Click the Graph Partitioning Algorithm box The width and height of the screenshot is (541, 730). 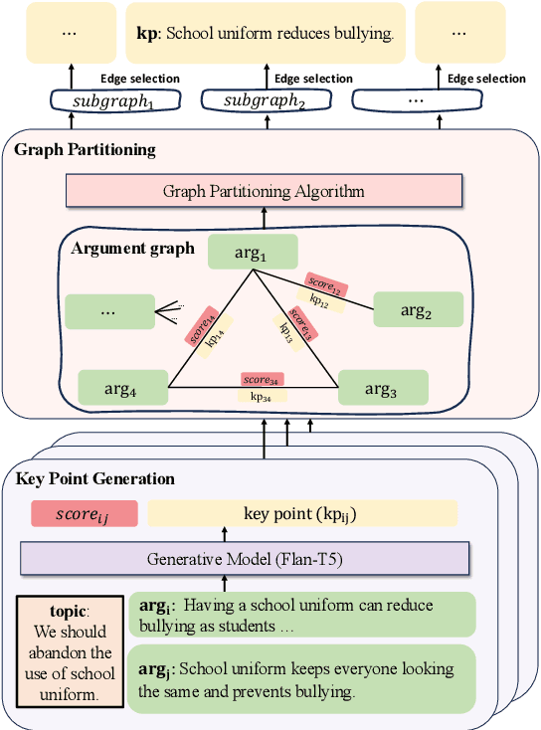click(264, 191)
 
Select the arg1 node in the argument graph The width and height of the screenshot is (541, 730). click(251, 252)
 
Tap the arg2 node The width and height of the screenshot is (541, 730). click(418, 309)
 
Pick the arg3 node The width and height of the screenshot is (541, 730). click(383, 388)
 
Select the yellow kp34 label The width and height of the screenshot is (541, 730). click(263, 396)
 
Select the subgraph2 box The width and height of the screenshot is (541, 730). click(264, 100)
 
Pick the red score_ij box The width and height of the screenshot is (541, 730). click(84, 513)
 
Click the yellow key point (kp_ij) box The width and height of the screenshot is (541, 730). click(302, 513)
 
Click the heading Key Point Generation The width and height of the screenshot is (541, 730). click(95, 479)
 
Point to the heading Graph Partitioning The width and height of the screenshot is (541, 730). click(85, 150)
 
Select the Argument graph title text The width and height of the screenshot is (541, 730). click(133, 248)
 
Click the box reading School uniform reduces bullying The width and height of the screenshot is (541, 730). click(264, 33)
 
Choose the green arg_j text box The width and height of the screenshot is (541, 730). click(301, 679)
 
